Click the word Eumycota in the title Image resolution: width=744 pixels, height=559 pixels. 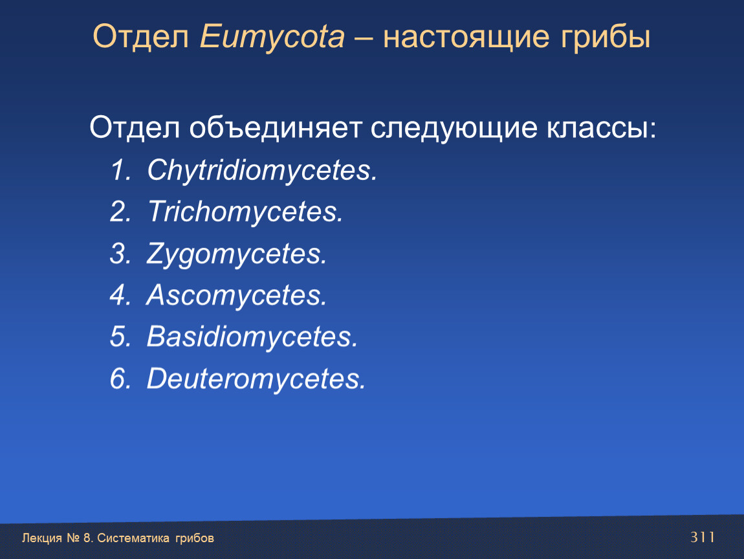click(272, 37)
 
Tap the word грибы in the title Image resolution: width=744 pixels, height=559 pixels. click(605, 36)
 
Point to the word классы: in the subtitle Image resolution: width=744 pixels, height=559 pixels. click(601, 129)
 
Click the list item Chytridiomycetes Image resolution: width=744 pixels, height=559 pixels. click(262, 171)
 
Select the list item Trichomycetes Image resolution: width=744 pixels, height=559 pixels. click(245, 212)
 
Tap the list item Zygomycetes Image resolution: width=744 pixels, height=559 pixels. click(237, 254)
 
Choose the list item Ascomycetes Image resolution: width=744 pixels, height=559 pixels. click(237, 295)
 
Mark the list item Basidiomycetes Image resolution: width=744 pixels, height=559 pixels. click(252, 336)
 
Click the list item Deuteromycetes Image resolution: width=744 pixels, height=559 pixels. click(256, 378)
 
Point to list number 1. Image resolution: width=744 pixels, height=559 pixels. click(120, 170)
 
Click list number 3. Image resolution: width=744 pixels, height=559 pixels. click(120, 254)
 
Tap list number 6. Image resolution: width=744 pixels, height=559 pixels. click(120, 378)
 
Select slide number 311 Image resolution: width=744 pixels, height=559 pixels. click(702, 537)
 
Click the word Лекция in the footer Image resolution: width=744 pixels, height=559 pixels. click(42, 538)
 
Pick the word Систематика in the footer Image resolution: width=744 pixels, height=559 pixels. click(133, 538)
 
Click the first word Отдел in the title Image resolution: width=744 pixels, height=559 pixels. click(141, 37)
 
